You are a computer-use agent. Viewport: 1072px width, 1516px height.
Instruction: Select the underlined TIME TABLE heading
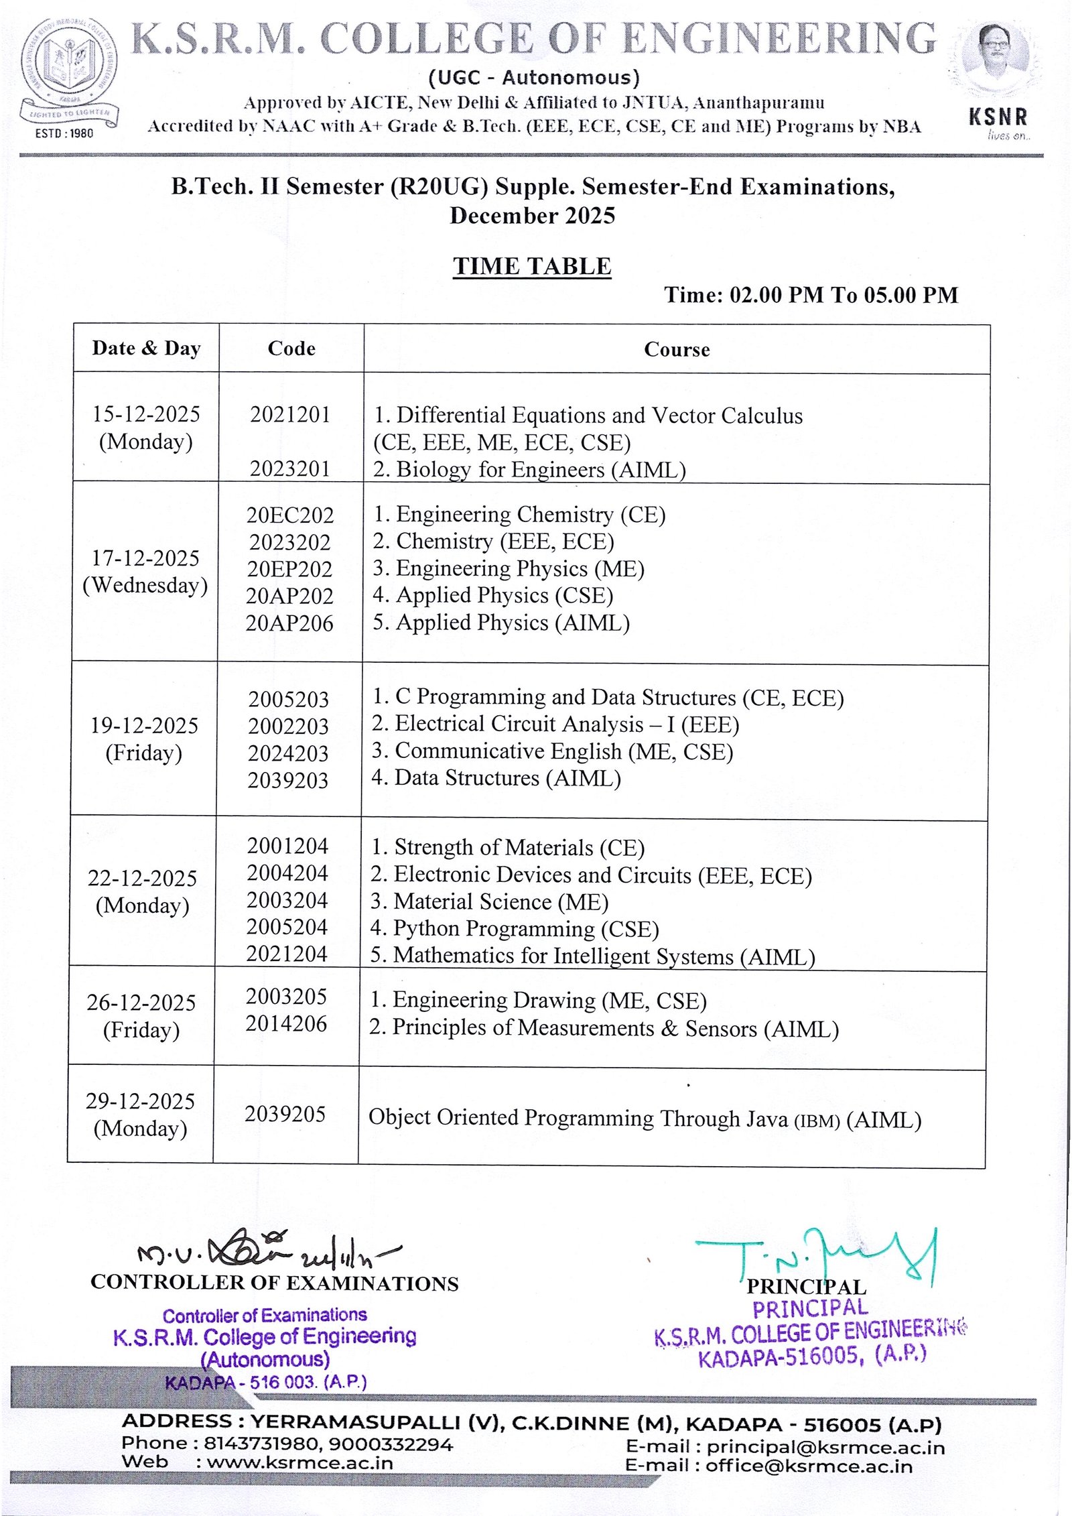(x=532, y=266)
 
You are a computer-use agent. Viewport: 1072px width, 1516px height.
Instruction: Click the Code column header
(x=291, y=349)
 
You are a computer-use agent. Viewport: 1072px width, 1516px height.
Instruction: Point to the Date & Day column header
(x=146, y=349)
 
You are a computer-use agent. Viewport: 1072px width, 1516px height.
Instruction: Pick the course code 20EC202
(x=290, y=515)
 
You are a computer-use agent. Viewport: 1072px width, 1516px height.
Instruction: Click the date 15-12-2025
(x=146, y=414)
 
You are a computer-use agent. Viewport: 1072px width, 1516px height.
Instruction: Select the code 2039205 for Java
(x=285, y=1114)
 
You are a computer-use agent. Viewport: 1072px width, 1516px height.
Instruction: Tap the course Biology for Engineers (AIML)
(x=529, y=469)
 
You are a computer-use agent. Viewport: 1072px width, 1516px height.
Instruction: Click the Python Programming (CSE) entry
(x=515, y=929)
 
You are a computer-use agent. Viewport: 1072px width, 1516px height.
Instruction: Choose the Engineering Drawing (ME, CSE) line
(x=538, y=1000)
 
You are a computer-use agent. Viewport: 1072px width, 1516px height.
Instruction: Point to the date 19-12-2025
(x=144, y=725)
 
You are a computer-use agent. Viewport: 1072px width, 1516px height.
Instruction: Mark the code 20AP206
(x=289, y=623)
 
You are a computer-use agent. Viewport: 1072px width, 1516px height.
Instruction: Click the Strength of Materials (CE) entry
(x=508, y=847)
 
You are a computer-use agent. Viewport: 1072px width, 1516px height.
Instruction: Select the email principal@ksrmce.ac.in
(x=825, y=1448)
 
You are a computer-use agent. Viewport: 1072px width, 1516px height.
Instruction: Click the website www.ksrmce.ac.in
(x=300, y=1462)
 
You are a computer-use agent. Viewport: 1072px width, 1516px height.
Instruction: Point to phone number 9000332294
(x=391, y=1444)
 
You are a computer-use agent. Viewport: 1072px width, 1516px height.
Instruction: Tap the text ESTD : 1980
(x=64, y=133)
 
